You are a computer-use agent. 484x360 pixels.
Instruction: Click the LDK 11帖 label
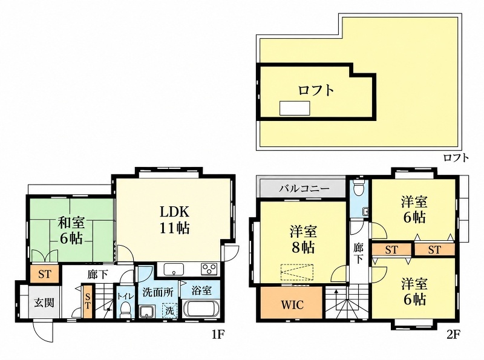pyautogui.click(x=174, y=220)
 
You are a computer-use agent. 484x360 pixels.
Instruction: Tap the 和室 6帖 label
pyautogui.click(x=71, y=231)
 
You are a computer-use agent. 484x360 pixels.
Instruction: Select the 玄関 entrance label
pyautogui.click(x=44, y=303)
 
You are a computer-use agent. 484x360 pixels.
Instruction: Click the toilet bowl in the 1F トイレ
pyautogui.click(x=125, y=309)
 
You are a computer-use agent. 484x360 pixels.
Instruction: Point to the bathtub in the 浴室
pyautogui.click(x=201, y=309)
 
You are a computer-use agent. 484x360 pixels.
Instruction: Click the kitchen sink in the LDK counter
pyautogui.click(x=174, y=269)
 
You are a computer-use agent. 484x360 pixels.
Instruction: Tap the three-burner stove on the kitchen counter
pyautogui.click(x=209, y=269)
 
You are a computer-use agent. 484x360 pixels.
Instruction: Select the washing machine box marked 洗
pyautogui.click(x=170, y=310)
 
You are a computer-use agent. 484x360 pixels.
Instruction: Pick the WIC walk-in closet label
pyautogui.click(x=292, y=305)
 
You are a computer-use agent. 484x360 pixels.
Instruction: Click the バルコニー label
pyautogui.click(x=304, y=188)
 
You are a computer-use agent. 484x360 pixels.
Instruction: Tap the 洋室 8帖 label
pyautogui.click(x=303, y=240)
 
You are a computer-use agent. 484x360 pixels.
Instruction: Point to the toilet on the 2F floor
pyautogui.click(x=359, y=188)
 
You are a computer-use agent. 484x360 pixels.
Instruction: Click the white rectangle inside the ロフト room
pyautogui.click(x=295, y=108)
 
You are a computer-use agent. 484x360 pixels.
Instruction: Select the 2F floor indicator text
pyautogui.click(x=453, y=334)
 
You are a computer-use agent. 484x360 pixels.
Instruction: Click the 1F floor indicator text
pyautogui.click(x=218, y=335)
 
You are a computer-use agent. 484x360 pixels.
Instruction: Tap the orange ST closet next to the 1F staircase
pyautogui.click(x=88, y=301)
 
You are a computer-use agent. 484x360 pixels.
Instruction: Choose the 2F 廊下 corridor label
pyautogui.click(x=359, y=253)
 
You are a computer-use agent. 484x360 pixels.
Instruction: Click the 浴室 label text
pyautogui.click(x=201, y=290)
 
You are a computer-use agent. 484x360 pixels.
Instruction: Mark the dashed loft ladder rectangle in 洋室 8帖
pyautogui.click(x=297, y=273)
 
